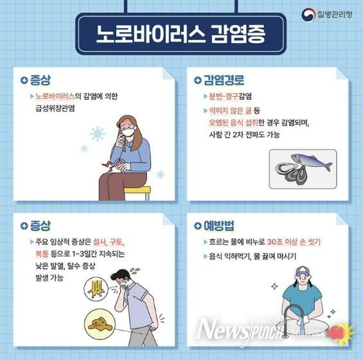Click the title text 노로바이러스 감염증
coord(181,34)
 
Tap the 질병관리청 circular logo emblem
coord(308,15)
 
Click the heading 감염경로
coord(224,80)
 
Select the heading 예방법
coord(219,226)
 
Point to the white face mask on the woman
coord(128,132)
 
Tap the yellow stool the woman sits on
coord(137,193)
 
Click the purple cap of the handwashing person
coord(303,271)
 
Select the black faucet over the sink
coord(290,317)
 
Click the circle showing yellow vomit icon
coord(96,289)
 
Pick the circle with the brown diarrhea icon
coord(100,323)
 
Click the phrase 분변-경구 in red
coord(224,96)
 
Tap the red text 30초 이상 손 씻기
coord(294,242)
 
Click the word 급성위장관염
coord(55,108)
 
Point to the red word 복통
coord(42,254)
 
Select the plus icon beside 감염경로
coord(198,80)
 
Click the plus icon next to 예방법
coord(198,226)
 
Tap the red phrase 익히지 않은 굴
coord(230,110)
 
